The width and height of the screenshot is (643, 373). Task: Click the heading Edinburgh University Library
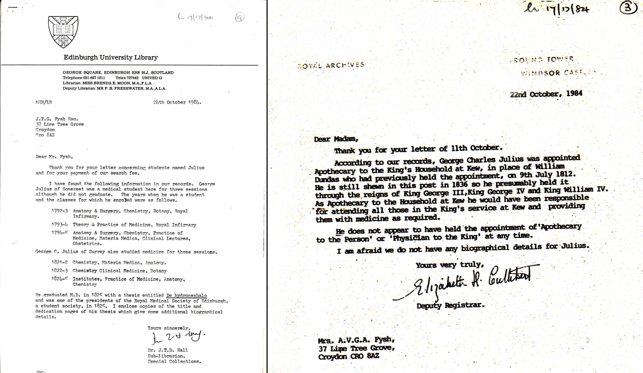111,57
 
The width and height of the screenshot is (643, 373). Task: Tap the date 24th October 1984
177,102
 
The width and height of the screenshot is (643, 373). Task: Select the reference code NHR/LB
44,102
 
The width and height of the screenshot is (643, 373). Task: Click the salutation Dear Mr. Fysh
54,157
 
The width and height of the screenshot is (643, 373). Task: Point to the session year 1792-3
60,211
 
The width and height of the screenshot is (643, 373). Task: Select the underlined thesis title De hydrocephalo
186,295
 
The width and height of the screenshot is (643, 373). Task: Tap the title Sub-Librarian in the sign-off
166,356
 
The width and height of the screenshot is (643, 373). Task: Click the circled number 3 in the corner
628,8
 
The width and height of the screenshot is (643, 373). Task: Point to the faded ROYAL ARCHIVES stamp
331,65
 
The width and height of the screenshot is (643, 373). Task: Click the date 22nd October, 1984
546,94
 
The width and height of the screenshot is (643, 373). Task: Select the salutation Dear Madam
336,139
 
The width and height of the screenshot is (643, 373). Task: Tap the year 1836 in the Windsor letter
460,185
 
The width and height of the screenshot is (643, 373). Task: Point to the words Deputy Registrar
450,305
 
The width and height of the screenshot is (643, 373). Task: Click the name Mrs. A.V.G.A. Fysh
356,340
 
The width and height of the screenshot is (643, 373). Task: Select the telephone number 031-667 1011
94,78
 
